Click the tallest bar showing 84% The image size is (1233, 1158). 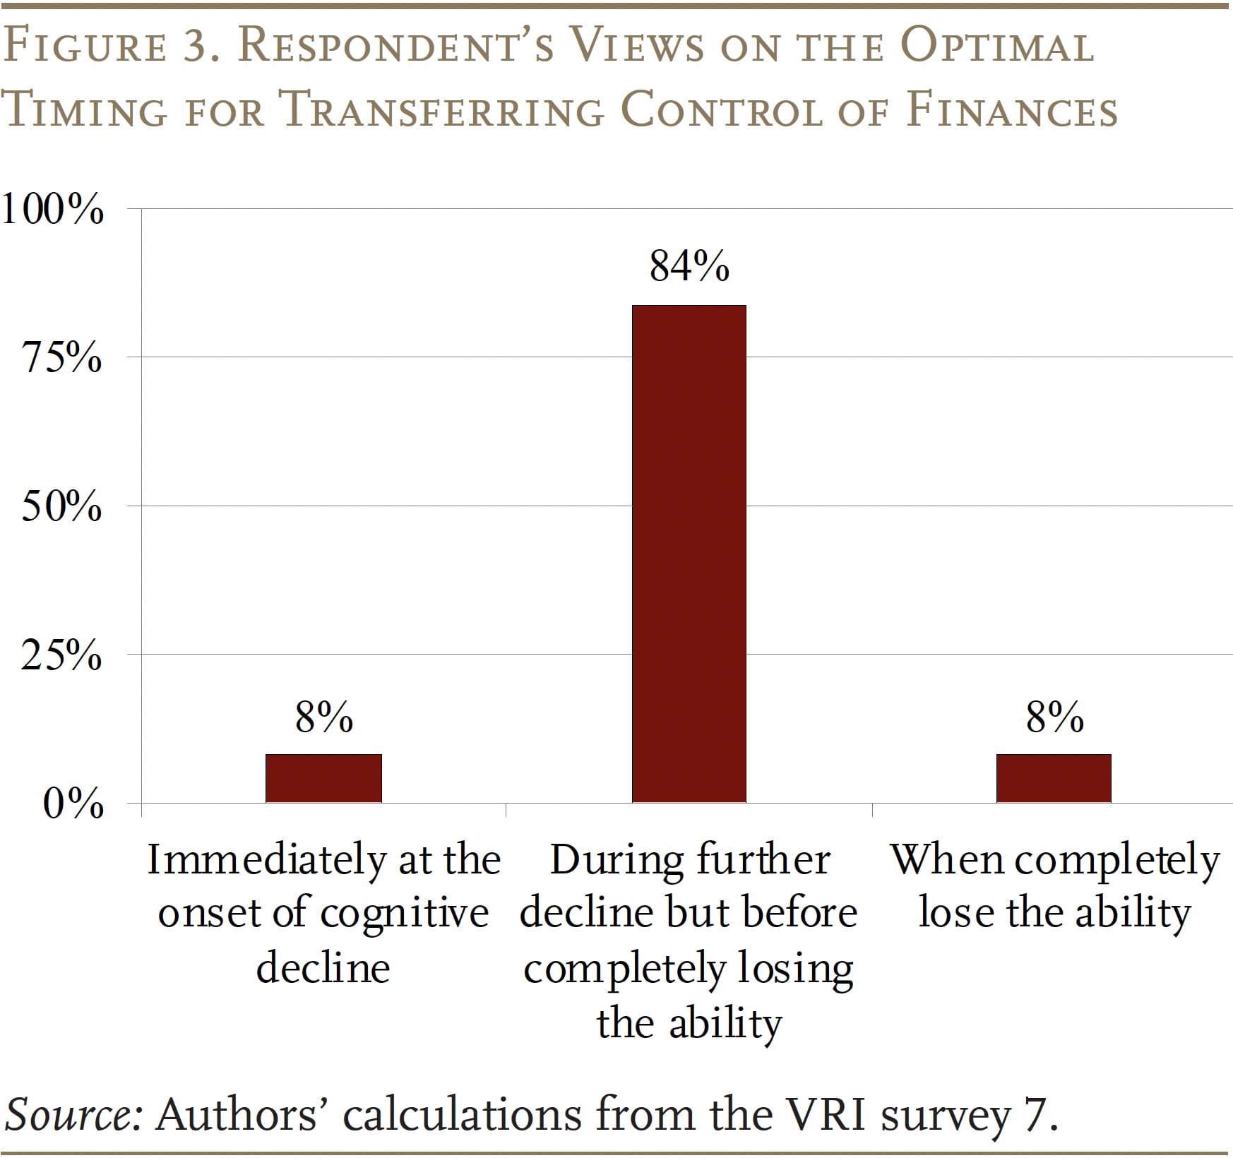[689, 554]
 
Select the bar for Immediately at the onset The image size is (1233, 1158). [323, 778]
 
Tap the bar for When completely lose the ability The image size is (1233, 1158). [1054, 778]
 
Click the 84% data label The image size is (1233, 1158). [689, 266]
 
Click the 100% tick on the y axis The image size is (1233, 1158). [52, 209]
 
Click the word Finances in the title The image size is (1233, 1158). [1011, 111]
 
